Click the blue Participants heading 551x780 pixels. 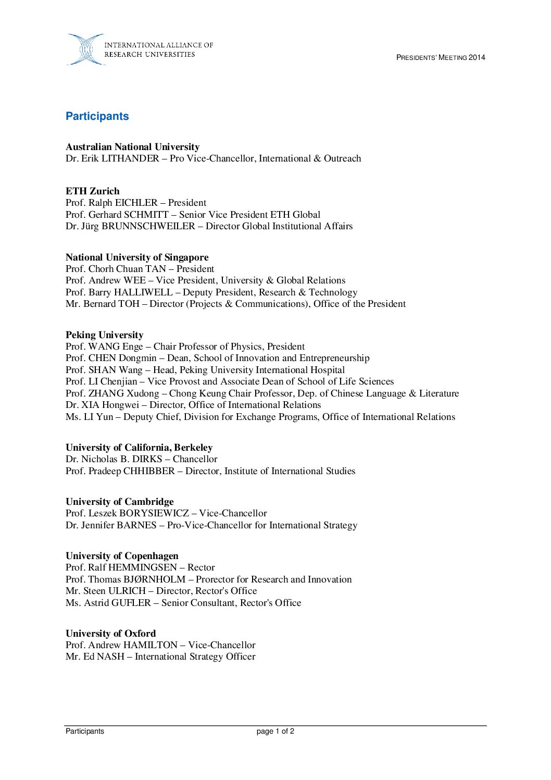tap(97, 116)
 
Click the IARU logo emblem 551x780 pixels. tap(85, 49)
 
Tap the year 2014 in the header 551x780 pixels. tap(477, 57)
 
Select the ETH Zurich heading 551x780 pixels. tap(93, 191)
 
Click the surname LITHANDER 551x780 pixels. tap(130, 158)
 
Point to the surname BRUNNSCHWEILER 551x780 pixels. tap(148, 226)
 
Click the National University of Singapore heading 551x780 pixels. tap(137, 257)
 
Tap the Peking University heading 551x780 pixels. tap(104, 335)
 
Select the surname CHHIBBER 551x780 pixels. tap(149, 471)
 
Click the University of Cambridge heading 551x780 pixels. tap(120, 502)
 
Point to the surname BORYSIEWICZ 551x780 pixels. tap(154, 513)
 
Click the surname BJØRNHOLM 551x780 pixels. tap(154, 579)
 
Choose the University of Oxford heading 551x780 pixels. tap(110, 634)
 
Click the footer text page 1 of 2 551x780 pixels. tap(275, 732)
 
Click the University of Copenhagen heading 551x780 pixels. tap(122, 556)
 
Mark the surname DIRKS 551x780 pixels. tap(147, 459)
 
